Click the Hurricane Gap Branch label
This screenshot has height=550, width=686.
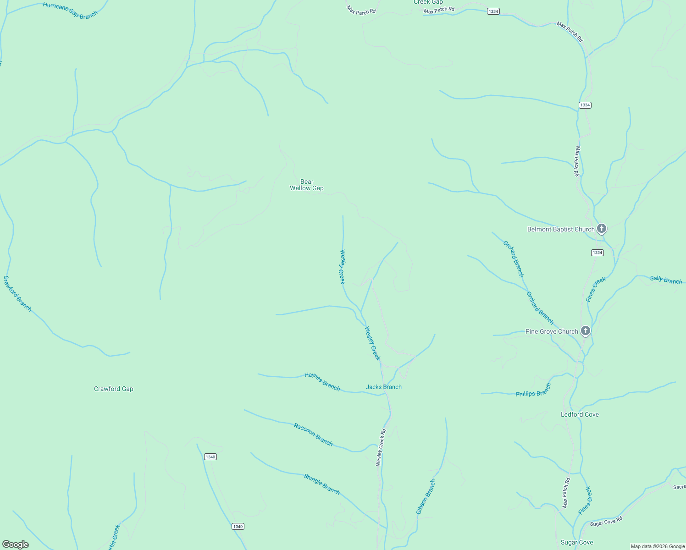[x=70, y=10]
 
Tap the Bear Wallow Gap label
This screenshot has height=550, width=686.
[x=307, y=185]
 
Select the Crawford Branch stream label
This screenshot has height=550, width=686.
[x=17, y=293]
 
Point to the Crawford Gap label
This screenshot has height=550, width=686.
[x=114, y=389]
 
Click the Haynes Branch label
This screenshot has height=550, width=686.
[x=322, y=382]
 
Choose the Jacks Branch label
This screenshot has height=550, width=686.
[x=384, y=387]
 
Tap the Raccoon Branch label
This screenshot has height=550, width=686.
[x=313, y=434]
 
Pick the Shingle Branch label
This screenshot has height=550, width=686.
[x=322, y=484]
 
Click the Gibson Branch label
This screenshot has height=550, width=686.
[x=426, y=497]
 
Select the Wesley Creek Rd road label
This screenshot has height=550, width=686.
[x=381, y=447]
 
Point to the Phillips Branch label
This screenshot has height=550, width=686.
[x=533, y=391]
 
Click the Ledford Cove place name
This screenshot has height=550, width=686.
[x=580, y=414]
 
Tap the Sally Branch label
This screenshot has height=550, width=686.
[x=666, y=280]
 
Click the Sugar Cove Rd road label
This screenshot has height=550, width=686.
[x=606, y=521]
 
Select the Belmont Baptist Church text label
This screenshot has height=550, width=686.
[x=561, y=229]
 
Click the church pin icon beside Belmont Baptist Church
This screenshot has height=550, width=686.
[x=602, y=229]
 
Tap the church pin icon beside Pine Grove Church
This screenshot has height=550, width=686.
[x=585, y=330]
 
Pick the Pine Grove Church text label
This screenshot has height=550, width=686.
[x=552, y=331]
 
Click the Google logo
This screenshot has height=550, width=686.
[x=16, y=544]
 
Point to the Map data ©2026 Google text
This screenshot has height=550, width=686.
[x=658, y=546]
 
